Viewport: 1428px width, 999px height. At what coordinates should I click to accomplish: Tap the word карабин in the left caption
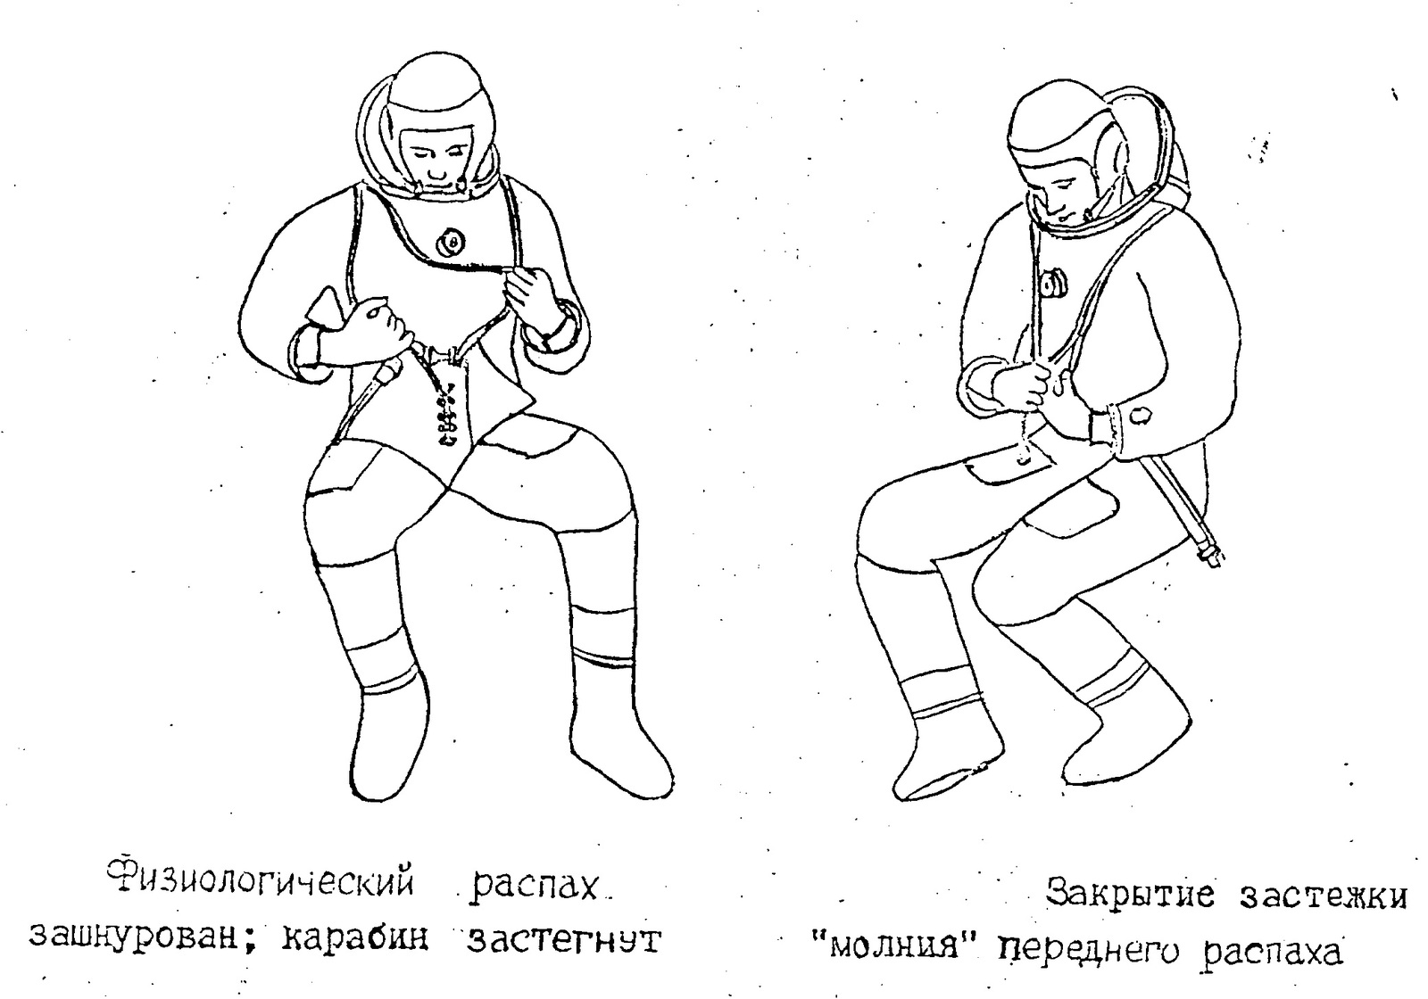click(355, 937)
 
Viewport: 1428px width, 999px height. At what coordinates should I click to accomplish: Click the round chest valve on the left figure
click(451, 242)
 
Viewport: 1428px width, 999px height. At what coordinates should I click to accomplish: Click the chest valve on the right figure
click(1052, 285)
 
